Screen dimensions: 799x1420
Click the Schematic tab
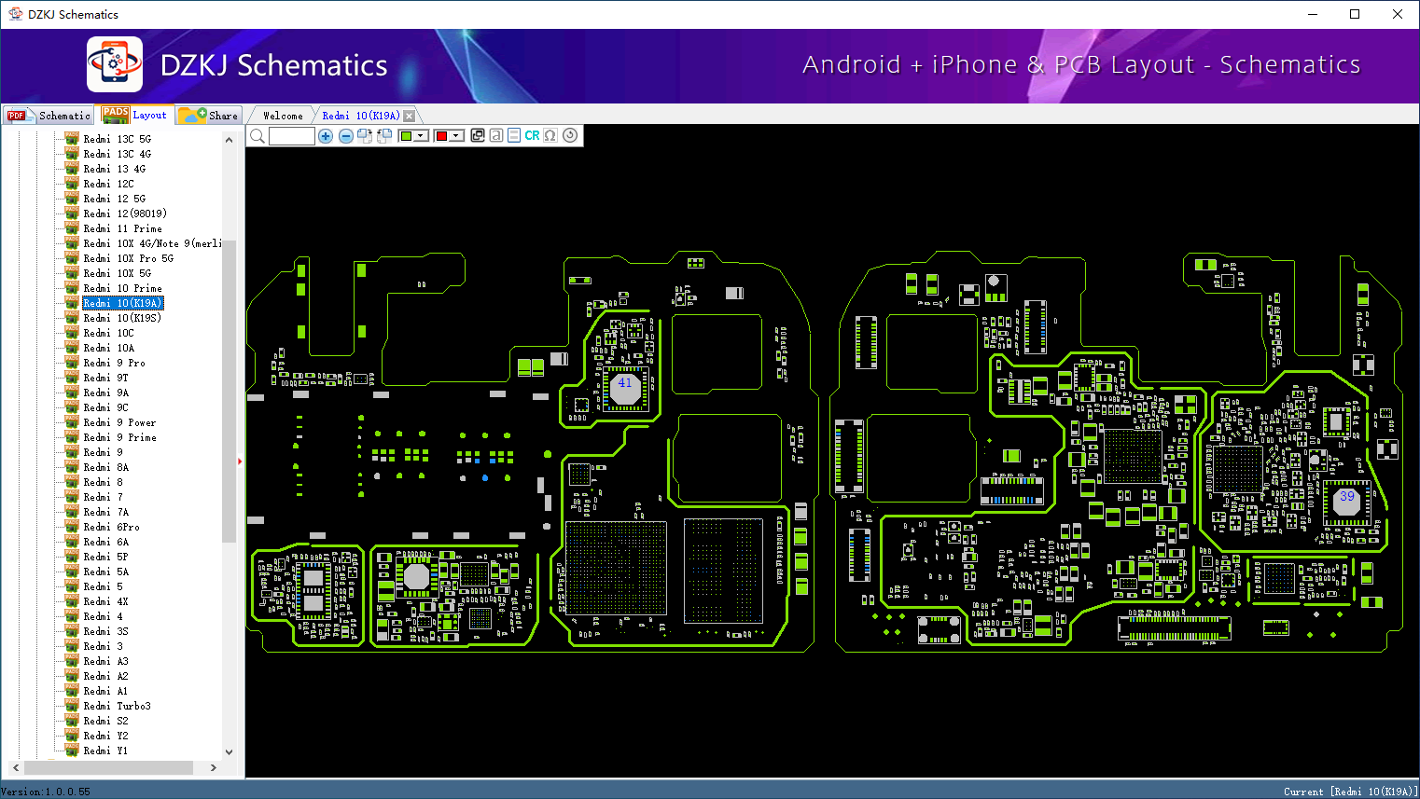click(x=52, y=116)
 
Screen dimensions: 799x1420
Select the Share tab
click(x=211, y=116)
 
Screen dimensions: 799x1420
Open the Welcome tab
click(x=283, y=116)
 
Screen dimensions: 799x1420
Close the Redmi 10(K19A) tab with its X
click(x=409, y=116)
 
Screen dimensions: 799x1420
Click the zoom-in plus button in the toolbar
click(x=326, y=136)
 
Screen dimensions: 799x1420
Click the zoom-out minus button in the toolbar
click(x=345, y=136)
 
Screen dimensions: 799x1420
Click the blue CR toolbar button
click(x=532, y=136)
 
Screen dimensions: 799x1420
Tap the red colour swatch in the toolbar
click(x=442, y=136)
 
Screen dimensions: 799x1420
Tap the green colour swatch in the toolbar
click(x=407, y=136)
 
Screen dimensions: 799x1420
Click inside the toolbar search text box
click(x=291, y=136)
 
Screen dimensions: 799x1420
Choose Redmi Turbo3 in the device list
click(x=117, y=706)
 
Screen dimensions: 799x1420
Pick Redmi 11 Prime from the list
click(x=122, y=228)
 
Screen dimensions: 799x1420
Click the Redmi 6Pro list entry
click(x=111, y=527)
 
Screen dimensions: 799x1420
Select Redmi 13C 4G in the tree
click(x=117, y=154)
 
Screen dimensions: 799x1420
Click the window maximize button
click(x=1355, y=14)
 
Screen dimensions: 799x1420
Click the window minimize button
click(x=1312, y=14)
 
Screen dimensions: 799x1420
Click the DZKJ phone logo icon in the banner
click(x=115, y=64)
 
